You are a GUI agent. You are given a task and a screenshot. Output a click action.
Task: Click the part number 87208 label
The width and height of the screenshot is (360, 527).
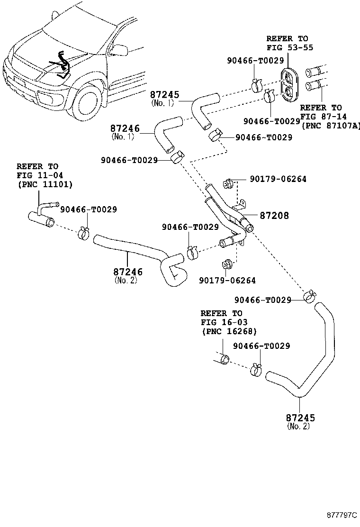(274, 216)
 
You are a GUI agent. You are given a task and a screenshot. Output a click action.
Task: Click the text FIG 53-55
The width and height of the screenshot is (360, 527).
(289, 47)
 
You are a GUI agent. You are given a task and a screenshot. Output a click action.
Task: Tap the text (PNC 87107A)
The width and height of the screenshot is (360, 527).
(331, 125)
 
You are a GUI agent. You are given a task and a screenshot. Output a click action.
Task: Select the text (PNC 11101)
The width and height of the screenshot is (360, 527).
(45, 184)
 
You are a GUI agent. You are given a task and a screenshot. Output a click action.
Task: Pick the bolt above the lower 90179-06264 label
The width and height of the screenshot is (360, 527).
(226, 263)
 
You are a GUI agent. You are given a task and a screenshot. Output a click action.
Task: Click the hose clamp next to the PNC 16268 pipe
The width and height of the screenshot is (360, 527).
(256, 369)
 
